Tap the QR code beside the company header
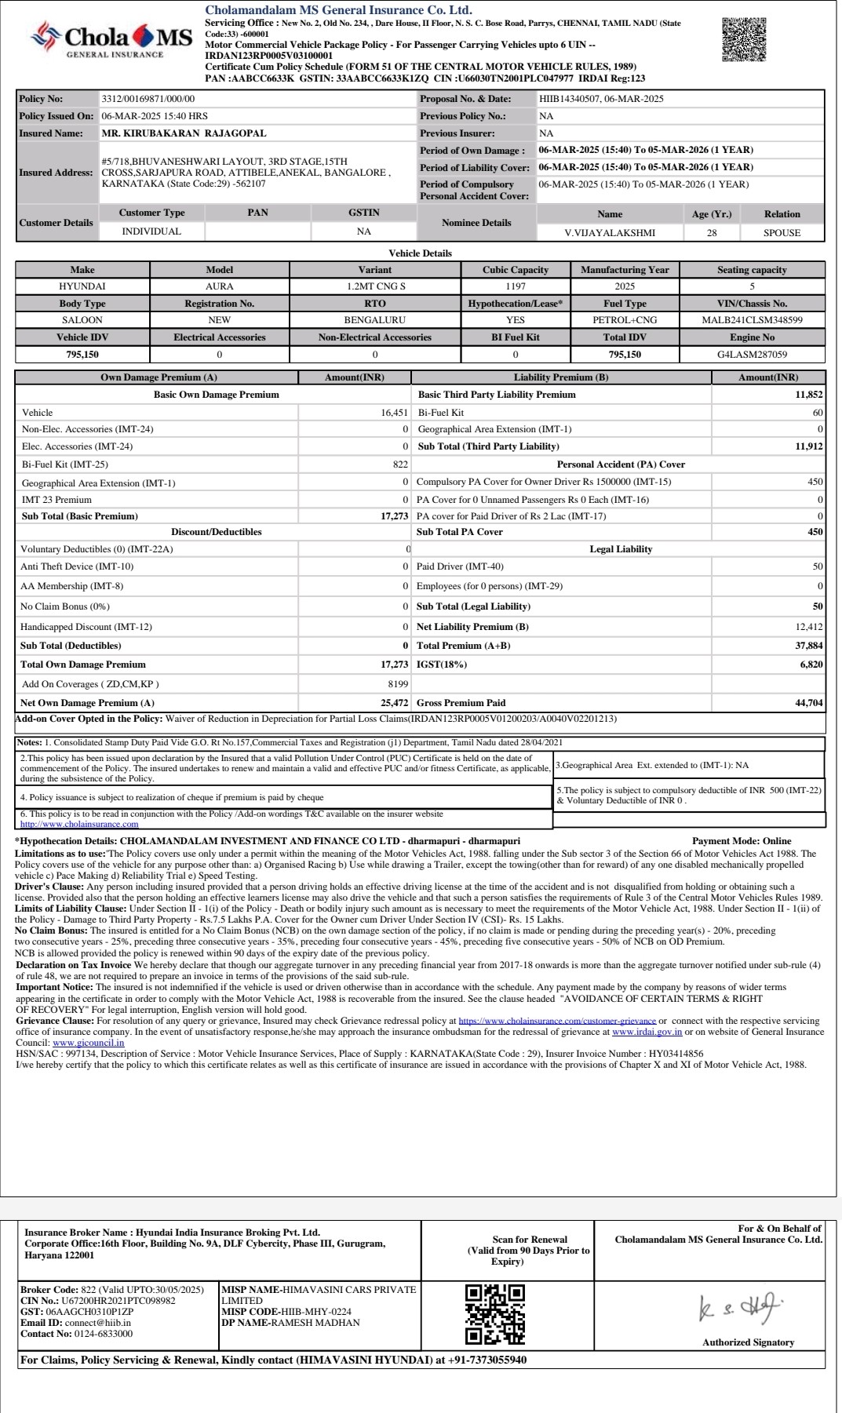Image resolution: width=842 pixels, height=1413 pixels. coord(743,39)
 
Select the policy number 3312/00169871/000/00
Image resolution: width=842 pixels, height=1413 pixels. coord(148,99)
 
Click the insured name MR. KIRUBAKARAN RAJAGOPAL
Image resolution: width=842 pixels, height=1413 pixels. coord(184,133)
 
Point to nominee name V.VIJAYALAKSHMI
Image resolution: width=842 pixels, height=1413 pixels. coord(610,233)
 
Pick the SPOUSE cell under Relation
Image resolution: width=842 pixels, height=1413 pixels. coord(782,233)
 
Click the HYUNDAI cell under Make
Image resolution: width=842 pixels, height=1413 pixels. coord(82,286)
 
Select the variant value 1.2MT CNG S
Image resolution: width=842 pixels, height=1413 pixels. coord(375,286)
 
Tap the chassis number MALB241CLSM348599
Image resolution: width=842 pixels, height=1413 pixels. coord(752,320)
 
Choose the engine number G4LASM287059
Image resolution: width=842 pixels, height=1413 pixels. coord(752,355)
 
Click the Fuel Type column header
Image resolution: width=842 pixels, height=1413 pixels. coord(625,304)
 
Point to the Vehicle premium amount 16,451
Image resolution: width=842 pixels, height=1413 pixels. coord(394,413)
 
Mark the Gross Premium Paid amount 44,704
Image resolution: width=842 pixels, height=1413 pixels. coord(808,703)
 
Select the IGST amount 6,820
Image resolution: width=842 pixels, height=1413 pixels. coord(811,665)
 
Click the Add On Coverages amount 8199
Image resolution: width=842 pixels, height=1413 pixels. coord(398,684)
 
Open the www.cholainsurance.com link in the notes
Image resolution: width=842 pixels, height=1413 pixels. coord(79,824)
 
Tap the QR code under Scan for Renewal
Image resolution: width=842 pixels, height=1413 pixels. coord(494,1313)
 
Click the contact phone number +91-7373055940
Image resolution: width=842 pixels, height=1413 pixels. coord(487,1360)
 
